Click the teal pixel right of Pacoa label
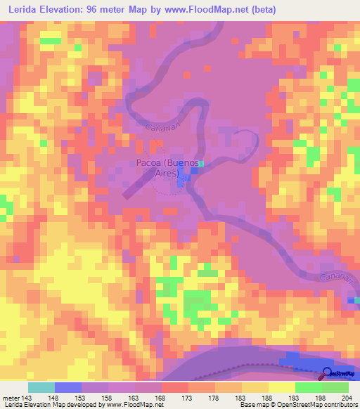pos(201,164)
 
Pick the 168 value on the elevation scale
pos(161,396)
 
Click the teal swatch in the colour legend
pos(41,387)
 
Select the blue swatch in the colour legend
pos(68,387)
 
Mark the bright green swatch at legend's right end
pos(335,387)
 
